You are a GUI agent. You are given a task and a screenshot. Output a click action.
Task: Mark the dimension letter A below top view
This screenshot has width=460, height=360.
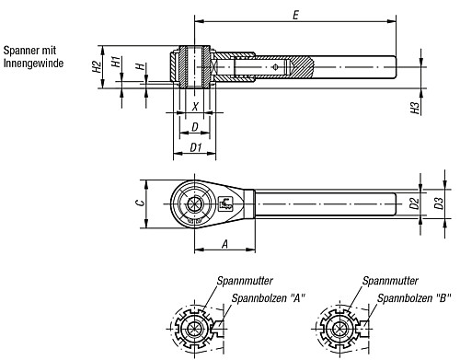point(224,244)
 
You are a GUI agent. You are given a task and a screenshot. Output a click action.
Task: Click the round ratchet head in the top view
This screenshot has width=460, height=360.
point(194,201)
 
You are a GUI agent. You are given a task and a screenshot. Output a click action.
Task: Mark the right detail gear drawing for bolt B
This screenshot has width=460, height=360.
point(339,330)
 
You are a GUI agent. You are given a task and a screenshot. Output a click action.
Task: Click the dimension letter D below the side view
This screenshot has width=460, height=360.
point(194,125)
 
